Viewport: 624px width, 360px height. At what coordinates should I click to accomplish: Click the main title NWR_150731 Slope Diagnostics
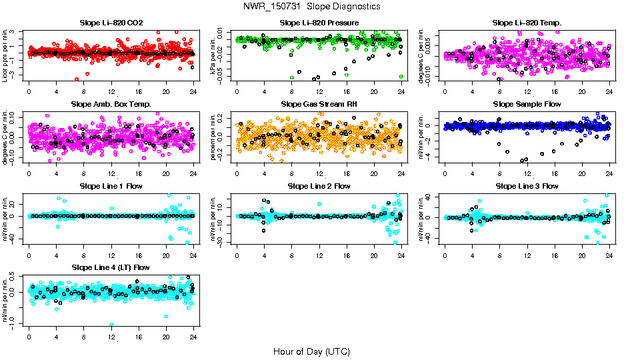311,6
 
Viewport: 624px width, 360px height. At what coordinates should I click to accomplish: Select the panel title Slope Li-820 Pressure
319,23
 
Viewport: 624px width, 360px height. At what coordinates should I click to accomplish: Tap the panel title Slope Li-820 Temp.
527,23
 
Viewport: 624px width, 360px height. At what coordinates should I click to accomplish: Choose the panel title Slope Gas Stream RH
319,105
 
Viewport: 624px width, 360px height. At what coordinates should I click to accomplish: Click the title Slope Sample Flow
527,105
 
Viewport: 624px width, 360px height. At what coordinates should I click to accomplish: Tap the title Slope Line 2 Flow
319,186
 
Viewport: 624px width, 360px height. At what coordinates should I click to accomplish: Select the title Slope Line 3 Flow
527,186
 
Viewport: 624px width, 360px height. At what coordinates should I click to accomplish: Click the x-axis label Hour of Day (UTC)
311,351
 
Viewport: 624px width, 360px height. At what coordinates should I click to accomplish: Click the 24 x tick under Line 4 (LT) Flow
193,337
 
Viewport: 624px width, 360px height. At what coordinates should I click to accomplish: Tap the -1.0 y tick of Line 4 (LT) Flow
14,324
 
